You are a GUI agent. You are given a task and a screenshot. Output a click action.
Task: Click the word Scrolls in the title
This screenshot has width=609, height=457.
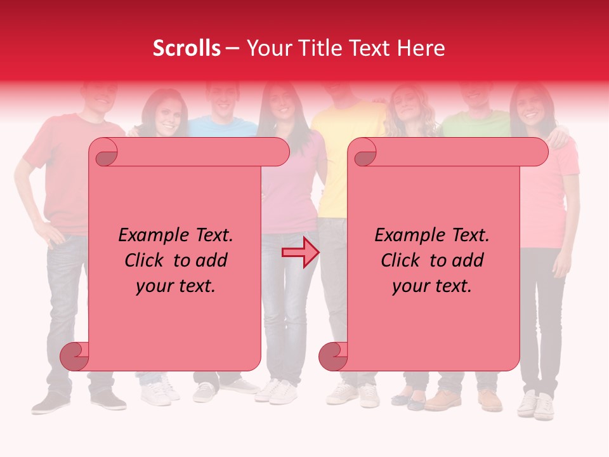pyautogui.click(x=187, y=48)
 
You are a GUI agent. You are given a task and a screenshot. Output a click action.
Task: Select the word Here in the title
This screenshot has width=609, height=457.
pyautogui.click(x=421, y=48)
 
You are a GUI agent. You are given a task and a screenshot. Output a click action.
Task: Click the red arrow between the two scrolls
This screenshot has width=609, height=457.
pyautogui.click(x=300, y=253)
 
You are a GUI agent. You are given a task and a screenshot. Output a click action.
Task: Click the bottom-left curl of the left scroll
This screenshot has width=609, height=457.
pyautogui.click(x=74, y=356)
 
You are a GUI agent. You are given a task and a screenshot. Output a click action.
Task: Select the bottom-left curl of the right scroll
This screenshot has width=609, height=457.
pyautogui.click(x=333, y=356)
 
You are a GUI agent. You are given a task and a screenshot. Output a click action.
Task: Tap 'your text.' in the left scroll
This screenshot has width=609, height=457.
pyautogui.click(x=176, y=286)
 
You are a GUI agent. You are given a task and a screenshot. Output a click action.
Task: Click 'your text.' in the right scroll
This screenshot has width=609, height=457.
pyautogui.click(x=432, y=286)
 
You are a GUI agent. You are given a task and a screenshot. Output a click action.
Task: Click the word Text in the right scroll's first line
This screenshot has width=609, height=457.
pyautogui.click(x=470, y=235)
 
